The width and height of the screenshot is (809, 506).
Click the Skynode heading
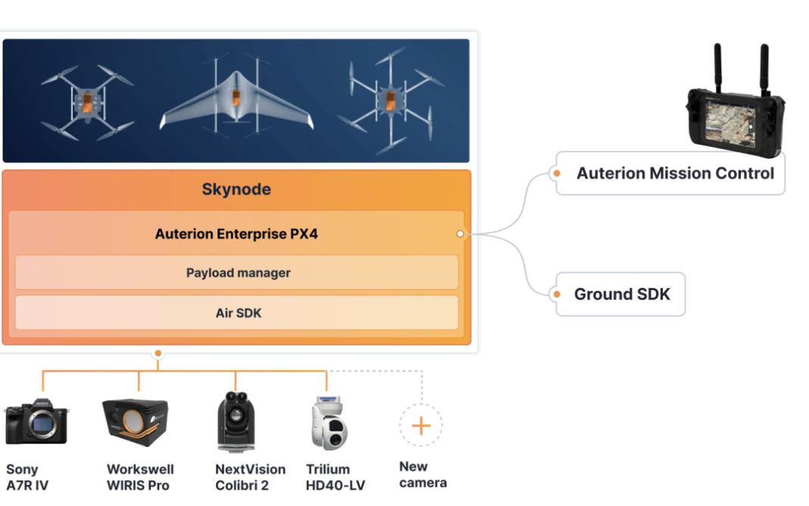[236, 189]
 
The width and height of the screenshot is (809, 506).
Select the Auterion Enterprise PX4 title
[236, 234]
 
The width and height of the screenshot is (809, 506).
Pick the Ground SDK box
[621, 294]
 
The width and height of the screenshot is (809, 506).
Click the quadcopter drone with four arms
[86, 102]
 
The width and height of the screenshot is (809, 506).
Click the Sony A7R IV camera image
[36, 422]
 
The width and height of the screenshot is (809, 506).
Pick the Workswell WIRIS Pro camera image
[136, 419]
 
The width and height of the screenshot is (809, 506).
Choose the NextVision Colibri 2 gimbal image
[235, 422]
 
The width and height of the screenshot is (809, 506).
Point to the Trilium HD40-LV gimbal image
[327, 423]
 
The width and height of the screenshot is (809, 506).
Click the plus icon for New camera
[420, 425]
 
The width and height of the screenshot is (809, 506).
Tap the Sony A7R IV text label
[27, 477]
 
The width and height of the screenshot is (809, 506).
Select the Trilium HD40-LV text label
[335, 477]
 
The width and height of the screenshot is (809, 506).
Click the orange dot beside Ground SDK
[557, 294]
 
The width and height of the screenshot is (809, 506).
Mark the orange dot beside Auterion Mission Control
[557, 173]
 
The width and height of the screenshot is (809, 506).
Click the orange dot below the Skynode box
[158, 353]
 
